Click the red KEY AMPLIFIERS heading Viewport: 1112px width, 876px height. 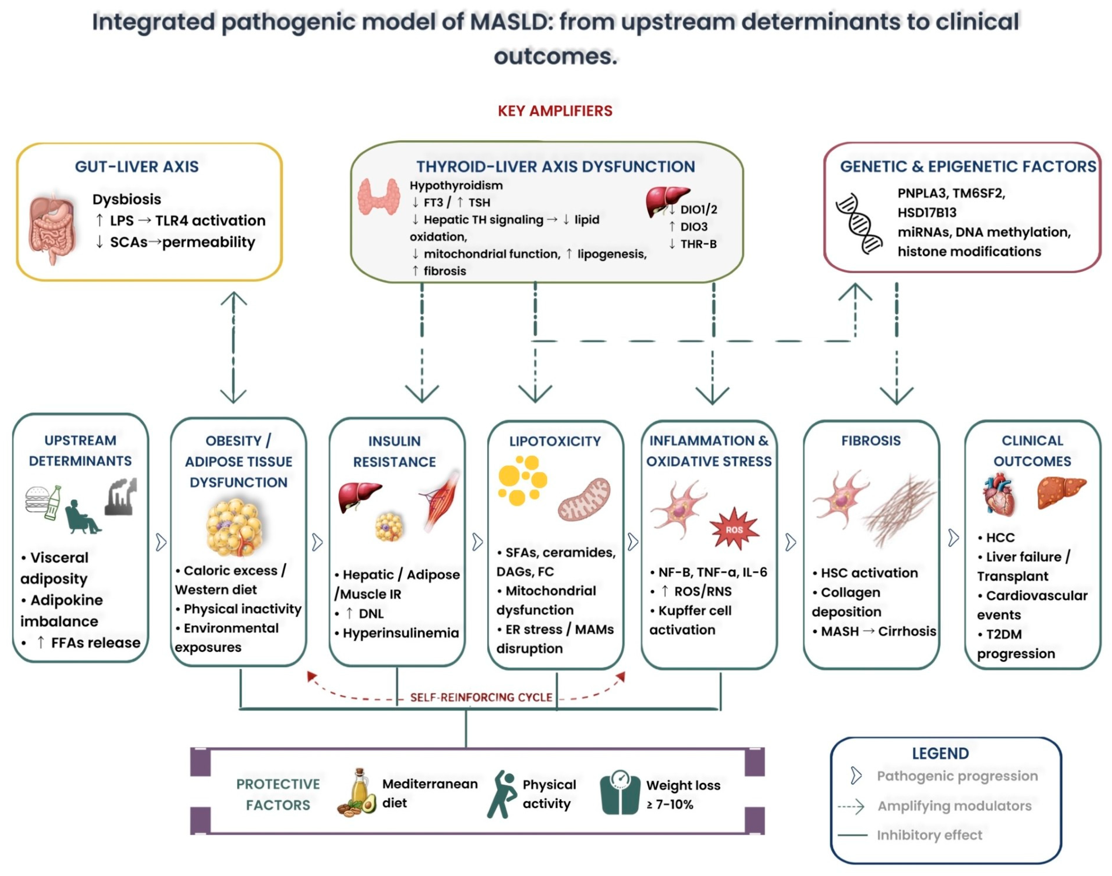[555, 111]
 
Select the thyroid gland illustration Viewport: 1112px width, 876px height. [379, 197]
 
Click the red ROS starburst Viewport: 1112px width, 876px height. [734, 529]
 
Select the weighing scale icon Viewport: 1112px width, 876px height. [620, 792]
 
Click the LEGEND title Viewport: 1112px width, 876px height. [940, 753]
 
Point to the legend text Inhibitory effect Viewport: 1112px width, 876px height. [929, 835]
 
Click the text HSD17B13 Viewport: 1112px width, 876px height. [927, 212]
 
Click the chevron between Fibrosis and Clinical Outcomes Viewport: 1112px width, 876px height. [953, 538]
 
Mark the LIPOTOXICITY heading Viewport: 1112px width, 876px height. [555, 441]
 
